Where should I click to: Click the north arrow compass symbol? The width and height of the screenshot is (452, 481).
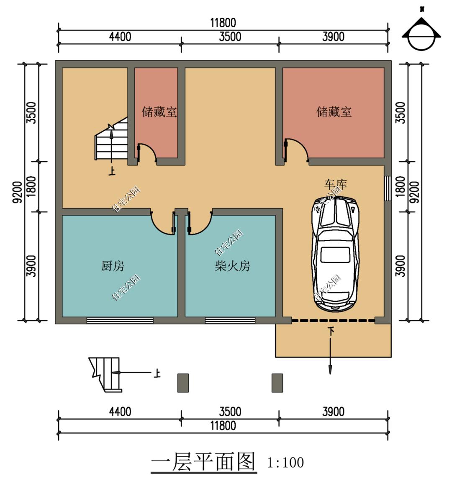pyautogui.click(x=421, y=36)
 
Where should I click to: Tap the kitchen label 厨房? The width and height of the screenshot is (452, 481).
pyautogui.click(x=113, y=266)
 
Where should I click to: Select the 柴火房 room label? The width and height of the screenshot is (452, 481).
pyautogui.click(x=232, y=266)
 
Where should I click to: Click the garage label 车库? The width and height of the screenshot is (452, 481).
pyautogui.click(x=335, y=184)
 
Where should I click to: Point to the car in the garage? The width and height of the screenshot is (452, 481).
pyautogui.click(x=335, y=252)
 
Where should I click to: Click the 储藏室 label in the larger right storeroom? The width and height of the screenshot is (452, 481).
pyautogui.click(x=334, y=112)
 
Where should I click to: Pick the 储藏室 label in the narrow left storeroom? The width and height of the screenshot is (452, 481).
pyautogui.click(x=159, y=112)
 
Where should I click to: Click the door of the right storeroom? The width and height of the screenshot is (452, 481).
pyautogui.click(x=296, y=150)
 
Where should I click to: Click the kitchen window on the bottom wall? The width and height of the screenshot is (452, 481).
pyautogui.click(x=120, y=321)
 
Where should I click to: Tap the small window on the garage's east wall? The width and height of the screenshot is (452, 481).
pyautogui.click(x=387, y=188)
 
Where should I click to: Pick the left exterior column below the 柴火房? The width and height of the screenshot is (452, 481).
pyautogui.click(x=182, y=383)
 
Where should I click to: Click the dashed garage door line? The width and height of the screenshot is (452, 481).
pyautogui.click(x=333, y=321)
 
